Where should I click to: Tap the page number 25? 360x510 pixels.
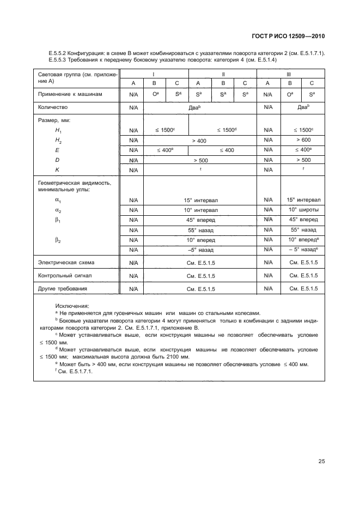(x=321, y=462)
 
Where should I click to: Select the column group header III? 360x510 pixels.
(x=289, y=73)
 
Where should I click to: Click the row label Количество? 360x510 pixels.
(x=55, y=107)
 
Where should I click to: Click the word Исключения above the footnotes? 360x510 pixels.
(x=72, y=306)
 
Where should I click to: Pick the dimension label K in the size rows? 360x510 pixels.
(x=57, y=169)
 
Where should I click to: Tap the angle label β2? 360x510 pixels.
(x=58, y=240)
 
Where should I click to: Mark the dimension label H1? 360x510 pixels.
(x=58, y=131)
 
